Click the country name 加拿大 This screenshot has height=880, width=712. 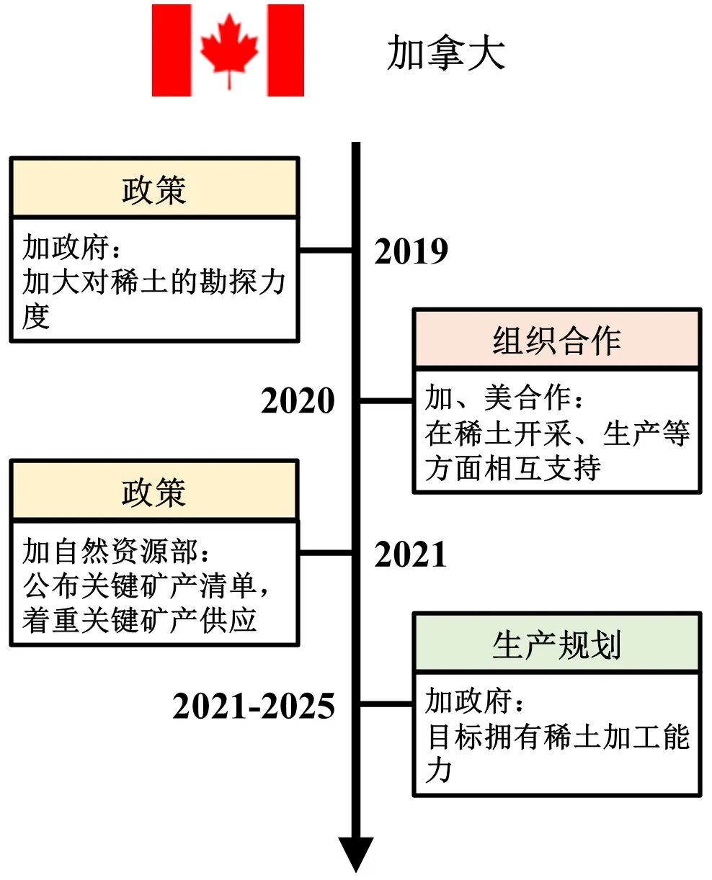(x=445, y=53)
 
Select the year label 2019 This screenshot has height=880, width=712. (x=411, y=251)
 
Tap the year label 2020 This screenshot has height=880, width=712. (x=298, y=401)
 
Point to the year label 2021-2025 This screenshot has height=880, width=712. (x=254, y=706)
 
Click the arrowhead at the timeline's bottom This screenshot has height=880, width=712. (x=355, y=853)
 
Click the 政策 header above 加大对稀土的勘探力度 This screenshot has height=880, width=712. (x=154, y=189)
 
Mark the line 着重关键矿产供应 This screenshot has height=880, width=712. (x=139, y=620)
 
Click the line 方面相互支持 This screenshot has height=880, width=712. (x=512, y=469)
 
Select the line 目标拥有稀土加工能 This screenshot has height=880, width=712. (x=558, y=737)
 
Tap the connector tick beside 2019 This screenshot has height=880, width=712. (x=326, y=251)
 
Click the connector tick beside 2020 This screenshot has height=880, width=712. (x=386, y=401)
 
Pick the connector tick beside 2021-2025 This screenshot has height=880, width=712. (x=386, y=704)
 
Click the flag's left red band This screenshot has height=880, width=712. (x=171, y=50)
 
